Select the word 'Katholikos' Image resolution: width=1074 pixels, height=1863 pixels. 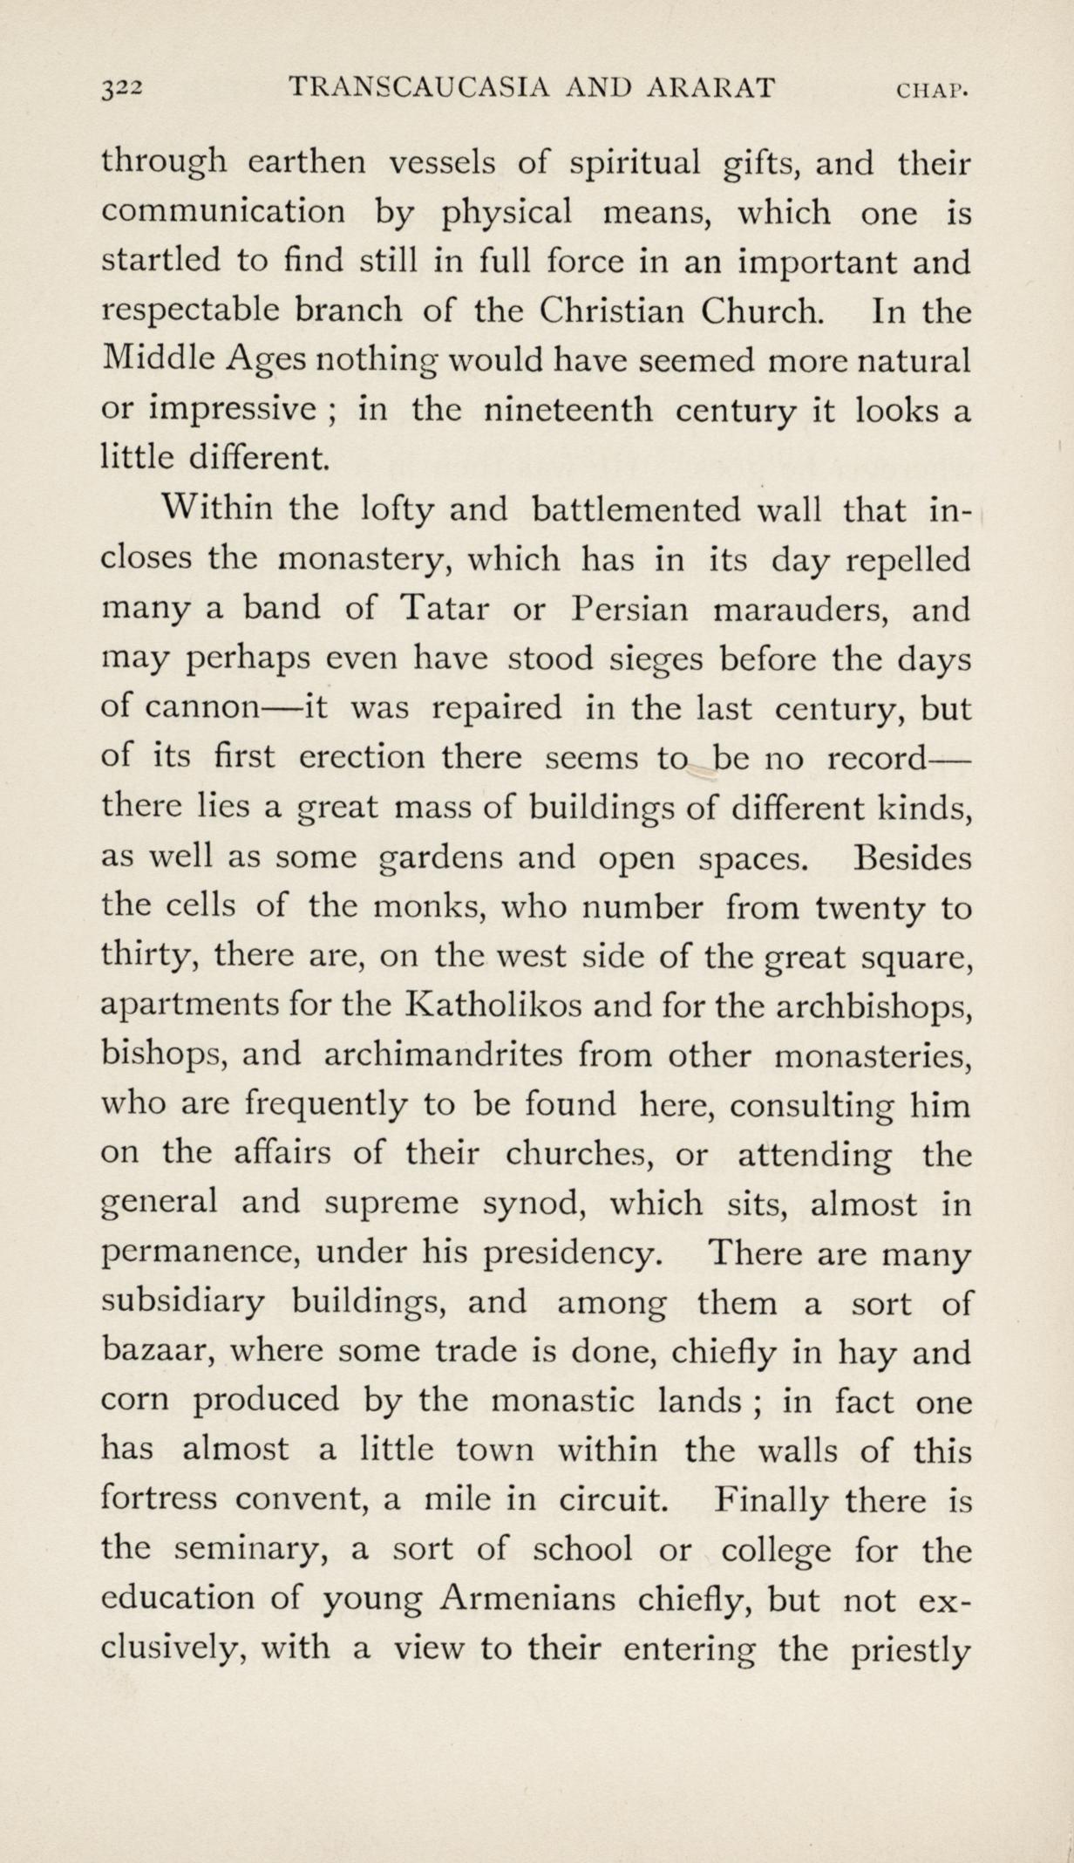[493, 1007]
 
